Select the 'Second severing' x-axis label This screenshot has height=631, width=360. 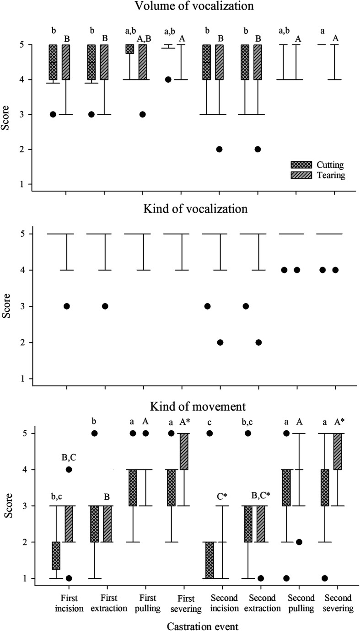coord(336,601)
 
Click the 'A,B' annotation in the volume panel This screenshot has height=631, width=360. coord(146,39)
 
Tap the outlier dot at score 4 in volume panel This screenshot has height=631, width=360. coord(168,80)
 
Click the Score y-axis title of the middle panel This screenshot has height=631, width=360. coord(7,306)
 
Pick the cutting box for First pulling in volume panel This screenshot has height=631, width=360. coord(129,49)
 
